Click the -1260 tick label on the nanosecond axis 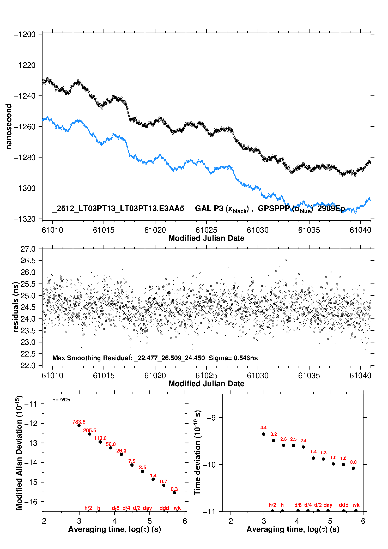[x=25, y=127]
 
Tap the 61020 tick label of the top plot [x=155, y=230]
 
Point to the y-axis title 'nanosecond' [x=9, y=126]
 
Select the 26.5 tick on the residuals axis [x=28, y=261]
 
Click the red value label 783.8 [x=79, y=422]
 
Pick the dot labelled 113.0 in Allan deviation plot [x=100, y=442]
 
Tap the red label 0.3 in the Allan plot [x=174, y=489]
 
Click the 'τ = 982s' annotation [x=62, y=400]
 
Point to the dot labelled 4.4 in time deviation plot [x=264, y=434]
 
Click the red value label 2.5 [x=293, y=439]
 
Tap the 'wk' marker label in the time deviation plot [x=356, y=505]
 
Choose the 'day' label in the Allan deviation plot [x=147, y=508]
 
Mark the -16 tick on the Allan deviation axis [x=31, y=502]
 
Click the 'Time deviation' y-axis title [x=197, y=453]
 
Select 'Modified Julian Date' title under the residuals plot [x=206, y=383]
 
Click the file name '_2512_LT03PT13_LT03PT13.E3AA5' [x=118, y=208]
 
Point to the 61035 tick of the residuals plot [x=309, y=376]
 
